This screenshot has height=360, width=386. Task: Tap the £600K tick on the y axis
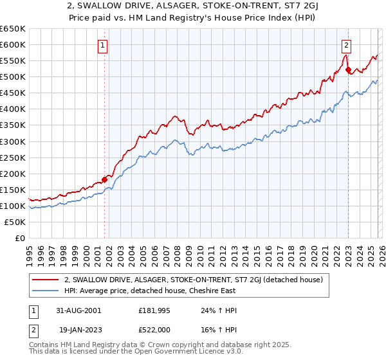[13, 44]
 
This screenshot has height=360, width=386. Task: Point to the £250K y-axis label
[13, 157]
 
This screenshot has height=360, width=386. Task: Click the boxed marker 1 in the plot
[103, 45]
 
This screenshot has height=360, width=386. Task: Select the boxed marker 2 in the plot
[347, 45]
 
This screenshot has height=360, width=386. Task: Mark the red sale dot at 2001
[105, 179]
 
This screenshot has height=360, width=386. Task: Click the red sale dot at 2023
[348, 69]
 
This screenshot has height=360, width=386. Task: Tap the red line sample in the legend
[45, 279]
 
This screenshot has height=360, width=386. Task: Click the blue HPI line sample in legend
[45, 291]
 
